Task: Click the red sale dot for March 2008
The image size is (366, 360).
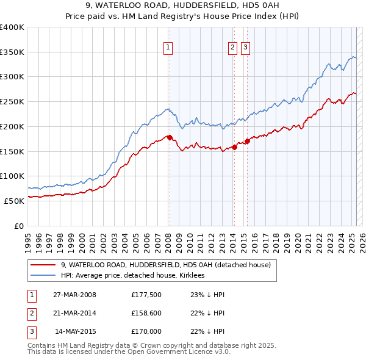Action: pyautogui.click(x=170, y=138)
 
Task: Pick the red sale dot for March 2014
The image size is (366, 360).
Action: pyautogui.click(x=234, y=147)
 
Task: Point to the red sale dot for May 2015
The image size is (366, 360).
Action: pyautogui.click(x=247, y=142)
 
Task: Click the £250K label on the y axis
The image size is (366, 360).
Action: pyautogui.click(x=12, y=102)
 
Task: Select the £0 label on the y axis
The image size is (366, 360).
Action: pyautogui.click(x=19, y=226)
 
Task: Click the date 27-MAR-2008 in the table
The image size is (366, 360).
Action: pyautogui.click(x=75, y=295)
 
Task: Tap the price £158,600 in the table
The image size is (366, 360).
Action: pyautogui.click(x=146, y=313)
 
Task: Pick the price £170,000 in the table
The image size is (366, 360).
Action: pyautogui.click(x=146, y=331)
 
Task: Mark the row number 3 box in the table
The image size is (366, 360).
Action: pyautogui.click(x=30, y=331)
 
